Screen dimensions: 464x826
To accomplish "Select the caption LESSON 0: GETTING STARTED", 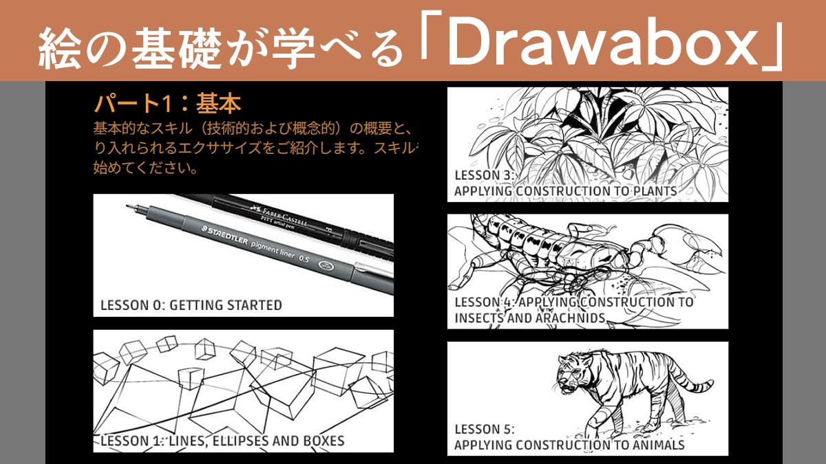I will click(191, 305).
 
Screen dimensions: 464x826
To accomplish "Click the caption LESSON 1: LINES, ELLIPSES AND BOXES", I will click(222, 441).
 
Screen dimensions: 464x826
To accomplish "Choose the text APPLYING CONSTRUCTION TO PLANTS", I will click(565, 190).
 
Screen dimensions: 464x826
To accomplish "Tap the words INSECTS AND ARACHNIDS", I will click(530, 318).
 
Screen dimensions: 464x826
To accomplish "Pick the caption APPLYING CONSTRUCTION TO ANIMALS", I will click(569, 445).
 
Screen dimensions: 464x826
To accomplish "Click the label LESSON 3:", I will click(484, 175).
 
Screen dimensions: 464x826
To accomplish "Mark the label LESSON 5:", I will click(484, 430).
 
